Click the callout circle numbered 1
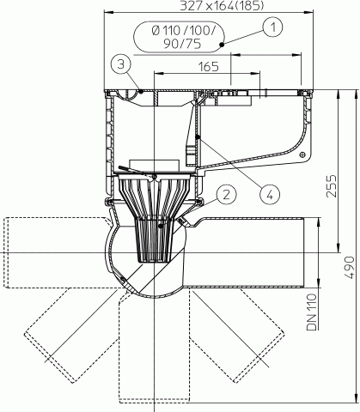[x=273, y=27]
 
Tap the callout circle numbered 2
[x=226, y=195]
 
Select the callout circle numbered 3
[x=121, y=64]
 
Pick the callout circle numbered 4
[x=270, y=195]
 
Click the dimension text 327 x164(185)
[x=222, y=6]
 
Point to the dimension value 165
[x=209, y=67]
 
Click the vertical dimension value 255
[x=332, y=186]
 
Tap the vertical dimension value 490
[x=349, y=268]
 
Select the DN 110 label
[x=312, y=312]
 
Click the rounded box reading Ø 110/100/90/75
[x=180, y=37]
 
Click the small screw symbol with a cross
[x=302, y=154]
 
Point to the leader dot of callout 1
[x=222, y=45]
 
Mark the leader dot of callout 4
[x=198, y=137]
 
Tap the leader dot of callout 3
[x=141, y=91]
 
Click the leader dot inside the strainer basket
[x=161, y=226]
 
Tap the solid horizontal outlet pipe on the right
[x=247, y=252]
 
